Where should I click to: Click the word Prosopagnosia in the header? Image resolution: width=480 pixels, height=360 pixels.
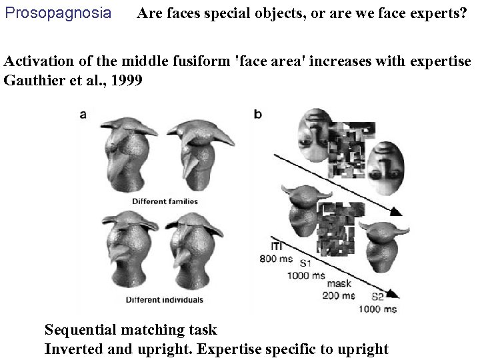point(58,13)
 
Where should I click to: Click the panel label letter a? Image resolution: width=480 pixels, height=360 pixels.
point(83,114)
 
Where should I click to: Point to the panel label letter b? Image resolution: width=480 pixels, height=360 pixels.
point(258,114)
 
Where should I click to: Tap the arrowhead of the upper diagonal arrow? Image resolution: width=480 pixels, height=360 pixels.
point(396,212)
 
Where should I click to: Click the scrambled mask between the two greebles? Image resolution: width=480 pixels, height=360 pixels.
point(339,230)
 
